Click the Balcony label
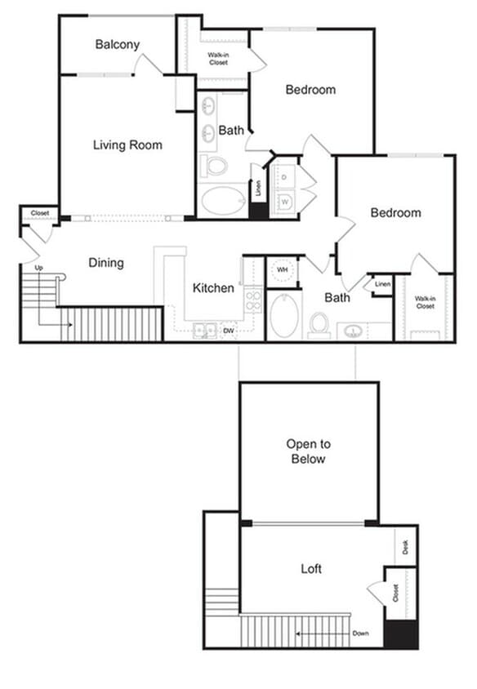pyautogui.click(x=117, y=45)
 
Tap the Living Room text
pyautogui.click(x=127, y=145)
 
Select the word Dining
pyautogui.click(x=106, y=263)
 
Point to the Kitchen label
pyautogui.click(x=213, y=288)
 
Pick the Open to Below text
pyautogui.click(x=308, y=451)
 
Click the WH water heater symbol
pyautogui.click(x=282, y=269)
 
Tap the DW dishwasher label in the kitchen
pyautogui.click(x=230, y=331)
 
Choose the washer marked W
pyautogui.click(x=283, y=202)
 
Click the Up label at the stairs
pyautogui.click(x=38, y=268)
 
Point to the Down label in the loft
pyautogui.click(x=360, y=633)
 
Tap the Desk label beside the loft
pyautogui.click(x=407, y=545)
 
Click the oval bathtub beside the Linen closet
pyautogui.click(x=223, y=200)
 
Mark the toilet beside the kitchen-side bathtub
pyautogui.click(x=319, y=323)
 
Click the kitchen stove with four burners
pyautogui.click(x=253, y=300)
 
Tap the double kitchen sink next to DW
pyautogui.click(x=204, y=331)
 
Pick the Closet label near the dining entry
pyautogui.click(x=39, y=213)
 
